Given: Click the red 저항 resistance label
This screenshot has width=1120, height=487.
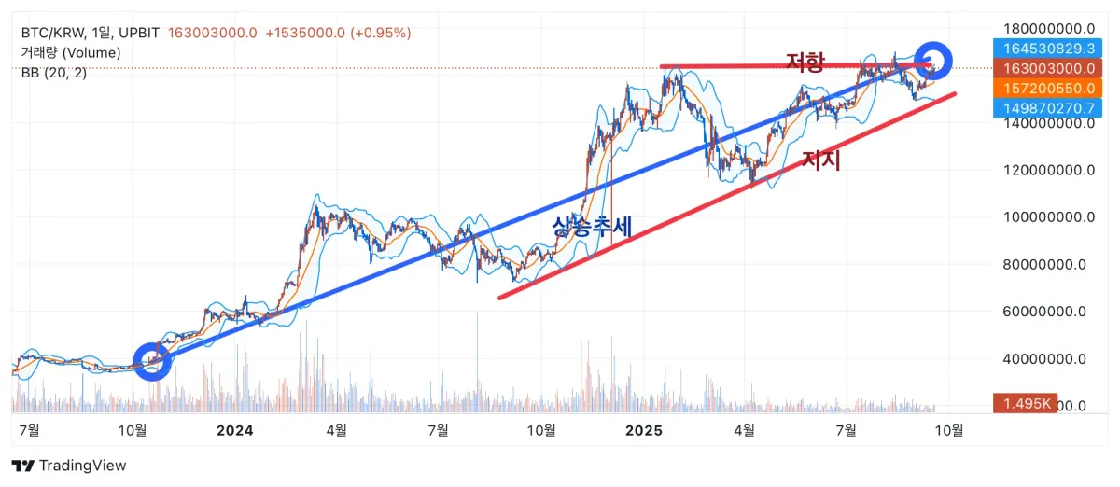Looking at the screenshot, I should pyautogui.click(x=805, y=63).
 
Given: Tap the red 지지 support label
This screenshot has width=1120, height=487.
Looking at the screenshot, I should pyautogui.click(x=821, y=160).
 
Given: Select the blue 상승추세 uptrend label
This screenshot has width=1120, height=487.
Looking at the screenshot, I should pyautogui.click(x=592, y=226).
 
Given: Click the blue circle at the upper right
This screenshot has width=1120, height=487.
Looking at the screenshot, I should pyautogui.click(x=933, y=61).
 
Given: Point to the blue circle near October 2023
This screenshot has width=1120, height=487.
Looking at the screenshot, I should pyautogui.click(x=153, y=361).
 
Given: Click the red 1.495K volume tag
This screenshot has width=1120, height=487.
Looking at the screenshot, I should pyautogui.click(x=1025, y=403).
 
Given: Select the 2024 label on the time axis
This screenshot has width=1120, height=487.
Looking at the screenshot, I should pyautogui.click(x=234, y=430).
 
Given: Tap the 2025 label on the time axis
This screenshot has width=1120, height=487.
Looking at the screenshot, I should pyautogui.click(x=643, y=430).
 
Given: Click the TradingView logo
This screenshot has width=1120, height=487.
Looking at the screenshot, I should pyautogui.click(x=68, y=466).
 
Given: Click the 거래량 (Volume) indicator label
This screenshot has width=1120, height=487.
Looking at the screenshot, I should pyautogui.click(x=71, y=53).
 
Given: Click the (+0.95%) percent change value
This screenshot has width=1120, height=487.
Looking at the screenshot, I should pyautogui.click(x=380, y=33).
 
